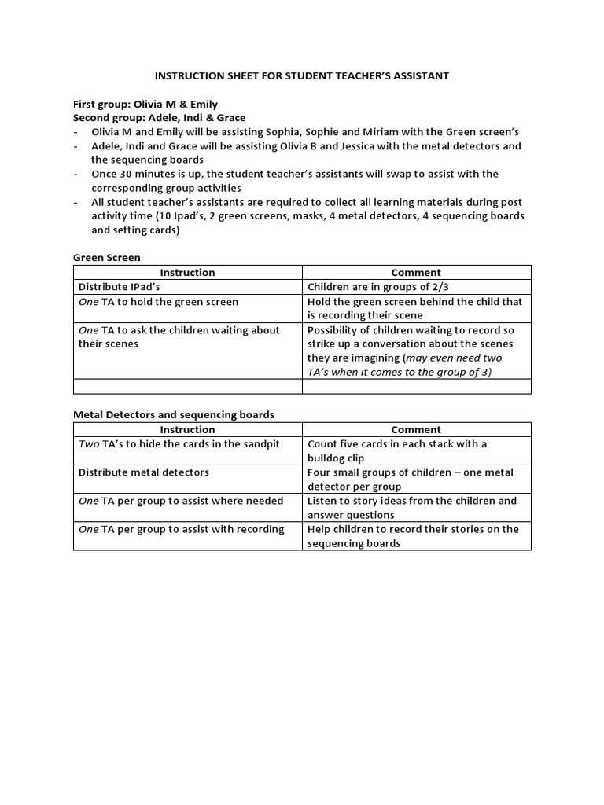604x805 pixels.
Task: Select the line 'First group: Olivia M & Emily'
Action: (x=145, y=104)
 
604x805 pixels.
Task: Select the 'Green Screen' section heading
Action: (x=106, y=257)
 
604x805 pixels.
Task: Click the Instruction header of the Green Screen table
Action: (x=187, y=273)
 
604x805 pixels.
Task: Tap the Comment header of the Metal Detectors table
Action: (x=416, y=430)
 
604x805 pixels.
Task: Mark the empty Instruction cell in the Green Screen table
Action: (x=187, y=386)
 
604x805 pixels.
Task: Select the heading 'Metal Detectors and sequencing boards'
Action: (x=174, y=414)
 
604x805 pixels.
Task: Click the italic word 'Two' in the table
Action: (x=90, y=444)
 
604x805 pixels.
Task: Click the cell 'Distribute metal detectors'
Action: (x=144, y=472)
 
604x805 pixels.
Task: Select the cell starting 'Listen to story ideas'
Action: (x=412, y=508)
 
